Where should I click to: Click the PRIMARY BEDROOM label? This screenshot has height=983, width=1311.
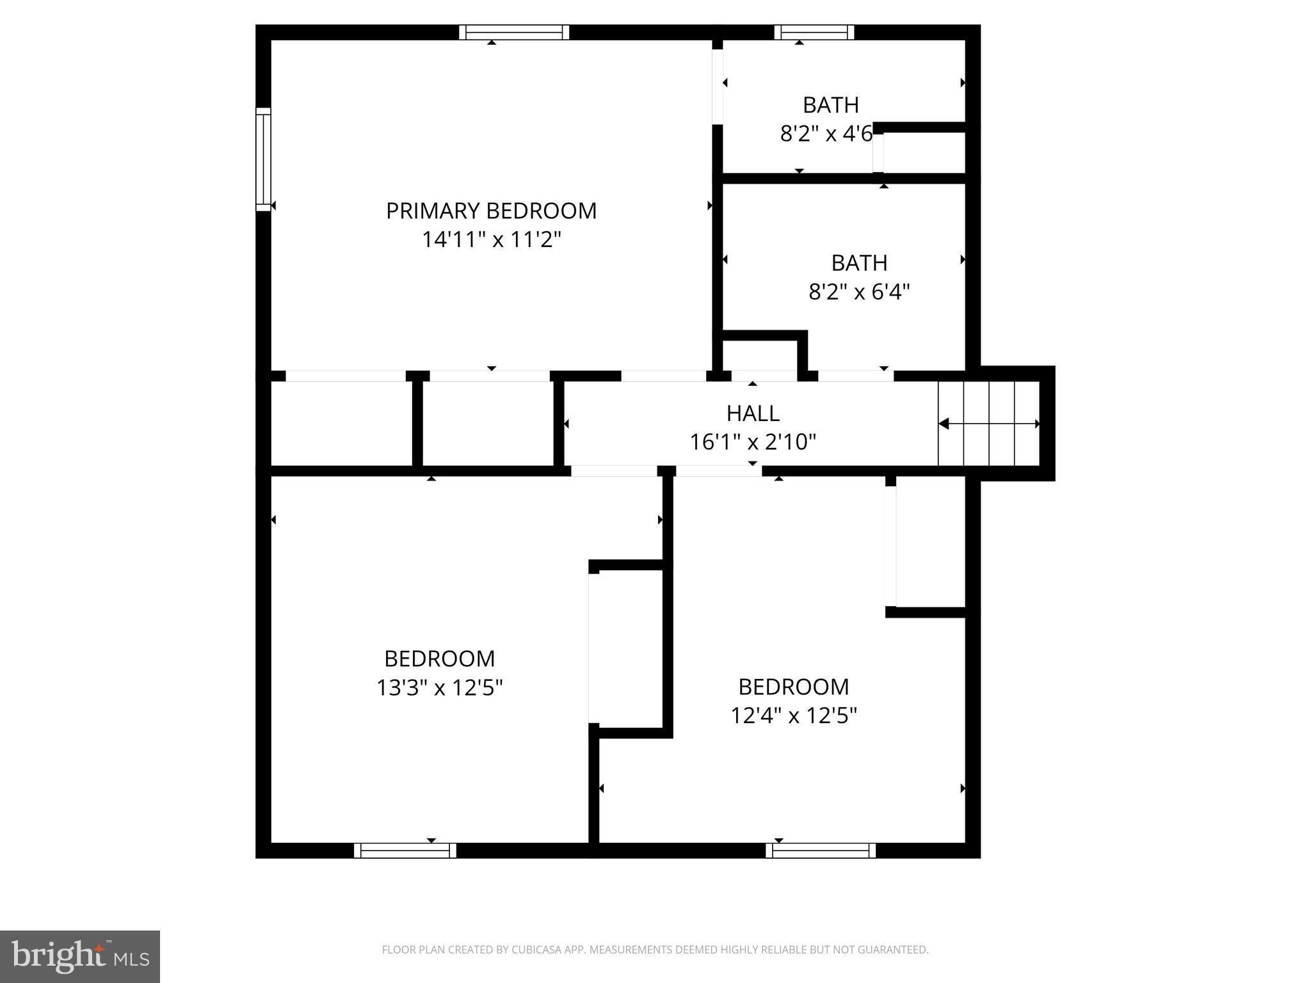point(491,211)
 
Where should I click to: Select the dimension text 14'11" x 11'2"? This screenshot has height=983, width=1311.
point(491,240)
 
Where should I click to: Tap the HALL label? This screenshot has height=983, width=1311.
point(753,413)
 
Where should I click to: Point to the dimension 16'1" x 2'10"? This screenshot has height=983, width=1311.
point(753,442)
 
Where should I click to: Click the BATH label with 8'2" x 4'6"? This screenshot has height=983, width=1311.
point(830,105)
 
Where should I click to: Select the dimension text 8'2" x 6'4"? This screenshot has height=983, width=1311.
point(859,292)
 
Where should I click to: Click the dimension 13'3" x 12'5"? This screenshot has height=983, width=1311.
point(439,688)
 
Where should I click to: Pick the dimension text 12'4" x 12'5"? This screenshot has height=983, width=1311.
point(794,715)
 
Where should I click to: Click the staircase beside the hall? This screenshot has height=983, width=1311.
point(989,424)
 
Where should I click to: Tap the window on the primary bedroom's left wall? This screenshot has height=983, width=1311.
point(264,159)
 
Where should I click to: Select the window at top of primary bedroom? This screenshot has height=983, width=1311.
point(514,32)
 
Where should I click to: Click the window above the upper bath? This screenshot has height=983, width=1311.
point(814,32)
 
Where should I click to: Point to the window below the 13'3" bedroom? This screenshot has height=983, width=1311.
point(405,850)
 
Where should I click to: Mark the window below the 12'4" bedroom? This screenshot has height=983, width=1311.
point(821,850)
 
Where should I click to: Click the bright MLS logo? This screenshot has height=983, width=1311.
point(80,956)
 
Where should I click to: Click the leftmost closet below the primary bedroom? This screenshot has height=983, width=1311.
point(342,424)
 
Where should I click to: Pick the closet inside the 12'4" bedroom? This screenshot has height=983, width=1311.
point(929,541)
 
